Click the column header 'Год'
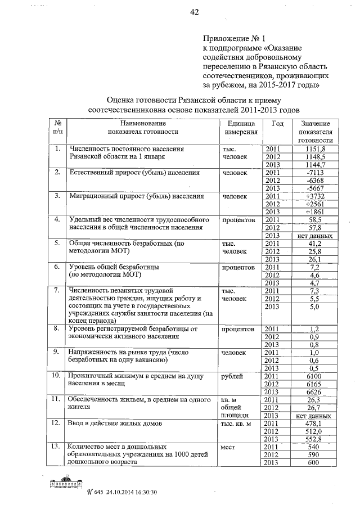[277, 124]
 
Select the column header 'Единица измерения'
[241, 128]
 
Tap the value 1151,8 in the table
[313, 148]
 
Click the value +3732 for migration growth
[313, 196]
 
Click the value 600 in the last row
[313, 462]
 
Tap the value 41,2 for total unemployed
[313, 244]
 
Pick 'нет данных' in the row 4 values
[313, 236]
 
